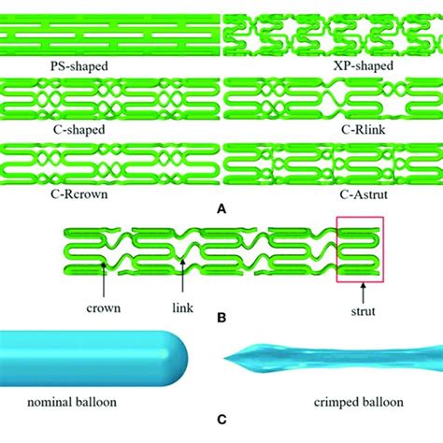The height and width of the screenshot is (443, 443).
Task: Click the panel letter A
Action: click(x=221, y=211)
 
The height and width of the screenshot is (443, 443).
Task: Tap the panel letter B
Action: click(x=221, y=318)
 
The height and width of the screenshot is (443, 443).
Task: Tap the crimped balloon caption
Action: click(x=362, y=403)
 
